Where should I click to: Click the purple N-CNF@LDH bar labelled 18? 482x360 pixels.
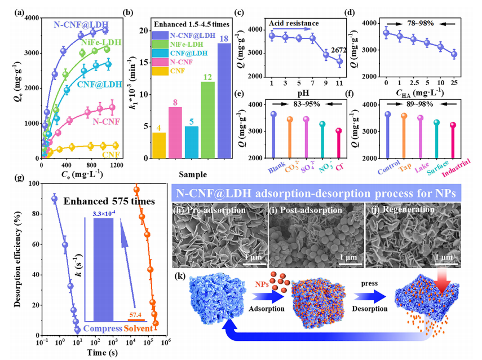[x=224, y=104]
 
